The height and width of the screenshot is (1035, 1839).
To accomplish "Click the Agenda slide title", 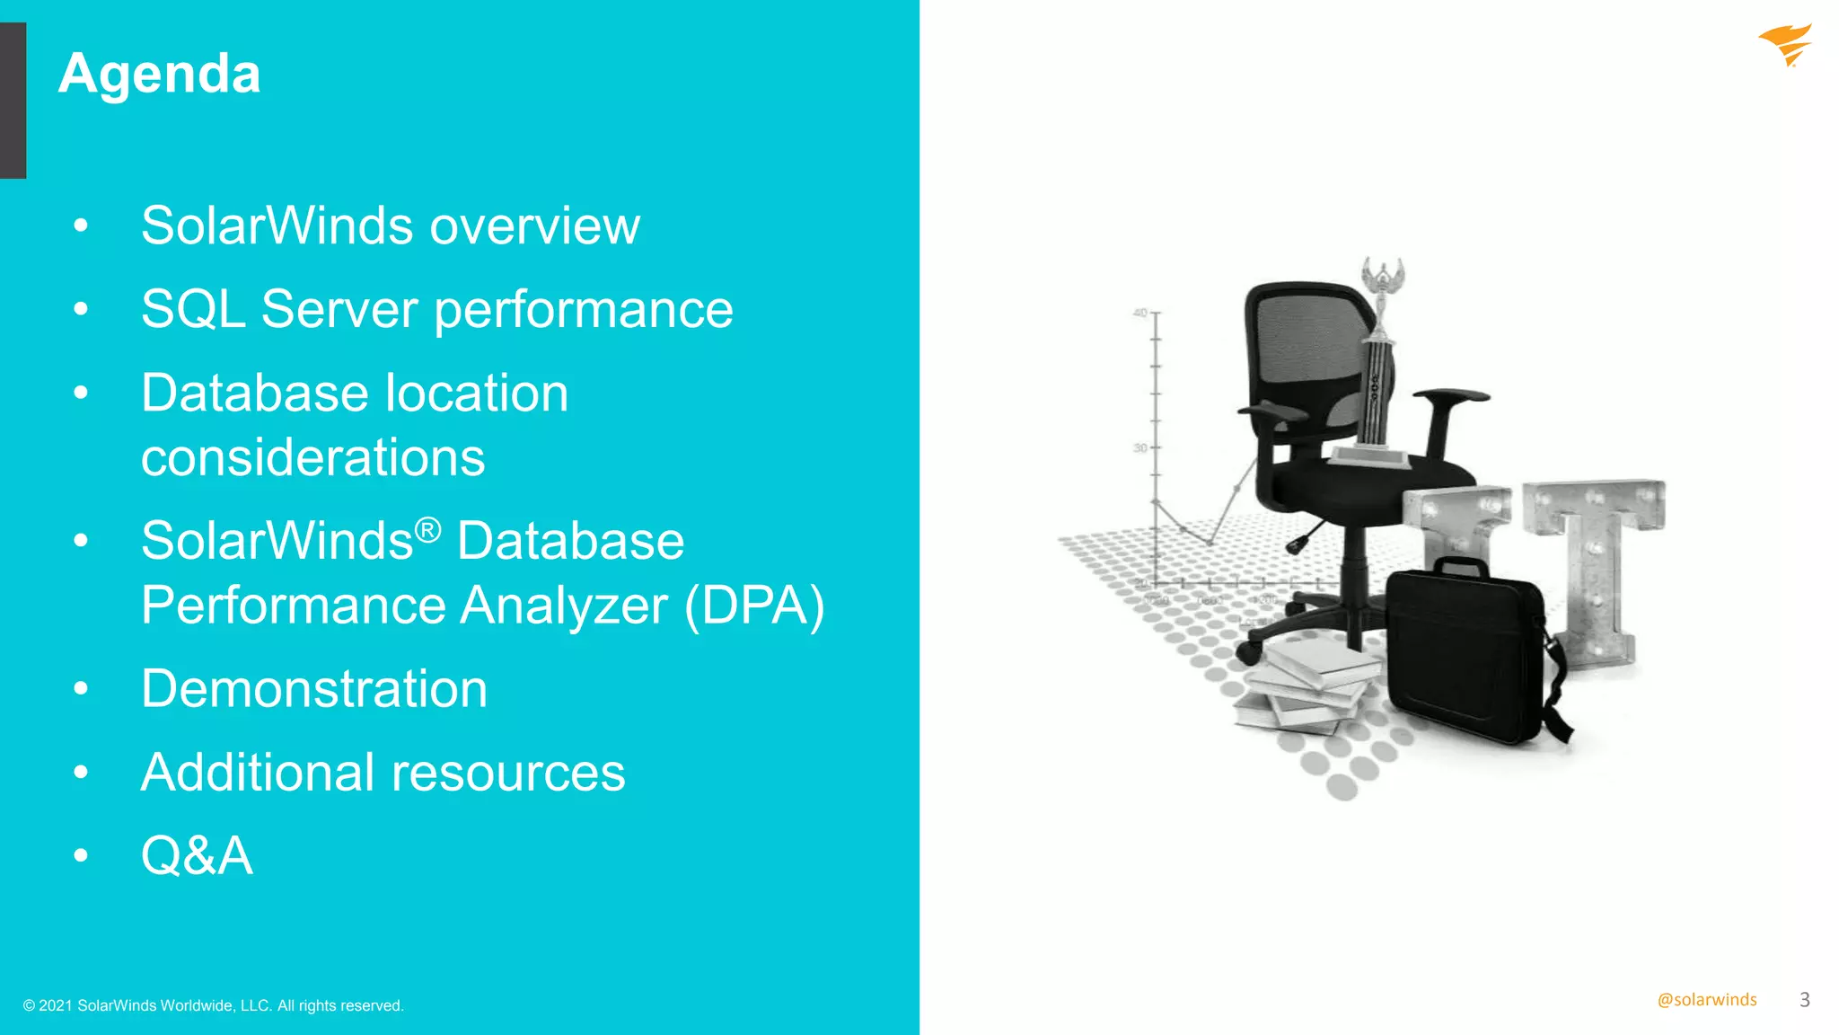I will pyautogui.click(x=160, y=74).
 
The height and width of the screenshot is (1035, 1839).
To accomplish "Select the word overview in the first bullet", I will pyautogui.click(x=535, y=226).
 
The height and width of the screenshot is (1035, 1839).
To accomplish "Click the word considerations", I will pyautogui.click(x=312, y=457).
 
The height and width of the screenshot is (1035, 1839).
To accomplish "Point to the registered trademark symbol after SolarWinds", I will pyautogui.click(x=427, y=530).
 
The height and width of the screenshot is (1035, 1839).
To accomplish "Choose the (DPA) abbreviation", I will pyautogui.click(x=754, y=606).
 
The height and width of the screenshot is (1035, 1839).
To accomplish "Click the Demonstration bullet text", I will pyautogui.click(x=314, y=689).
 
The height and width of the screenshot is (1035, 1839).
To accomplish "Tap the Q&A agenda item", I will pyautogui.click(x=197, y=855).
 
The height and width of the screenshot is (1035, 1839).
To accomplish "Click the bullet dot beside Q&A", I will pyautogui.click(x=81, y=855).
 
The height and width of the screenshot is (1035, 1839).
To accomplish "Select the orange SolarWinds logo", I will pyautogui.click(x=1786, y=45).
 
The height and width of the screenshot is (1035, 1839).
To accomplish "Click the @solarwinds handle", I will pyautogui.click(x=1706, y=1000).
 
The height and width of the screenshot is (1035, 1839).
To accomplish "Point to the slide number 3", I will pyautogui.click(x=1805, y=1000).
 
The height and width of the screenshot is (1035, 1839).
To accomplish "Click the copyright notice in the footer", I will pyautogui.click(x=214, y=1005).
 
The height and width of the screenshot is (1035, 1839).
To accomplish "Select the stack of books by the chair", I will pyautogui.click(x=1307, y=687).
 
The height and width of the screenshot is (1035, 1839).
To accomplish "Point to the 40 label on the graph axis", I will pyautogui.click(x=1139, y=313).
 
